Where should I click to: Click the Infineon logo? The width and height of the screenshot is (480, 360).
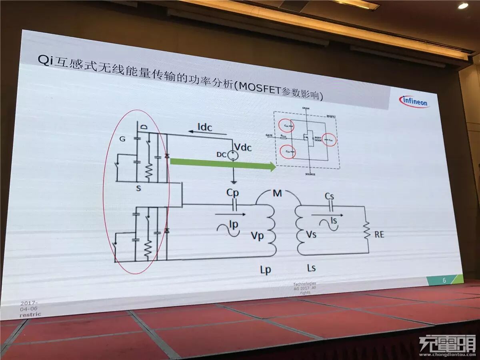tap(414, 102)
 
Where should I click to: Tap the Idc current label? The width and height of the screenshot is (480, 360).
tap(205, 127)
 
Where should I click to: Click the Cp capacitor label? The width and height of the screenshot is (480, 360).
tap(232, 192)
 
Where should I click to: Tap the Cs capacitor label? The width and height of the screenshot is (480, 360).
tap(329, 196)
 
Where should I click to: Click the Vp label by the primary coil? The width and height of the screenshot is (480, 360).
tap(257, 236)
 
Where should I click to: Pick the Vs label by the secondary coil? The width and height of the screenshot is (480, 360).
tap(311, 234)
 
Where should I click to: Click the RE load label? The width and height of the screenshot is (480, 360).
tap(379, 234)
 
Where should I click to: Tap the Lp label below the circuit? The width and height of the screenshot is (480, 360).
tap(265, 270)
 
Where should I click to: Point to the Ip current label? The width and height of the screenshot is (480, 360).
tap(234, 224)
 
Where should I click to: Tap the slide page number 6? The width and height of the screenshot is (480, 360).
tap(444, 280)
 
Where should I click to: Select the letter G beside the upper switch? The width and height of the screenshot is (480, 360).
tap(123, 139)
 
